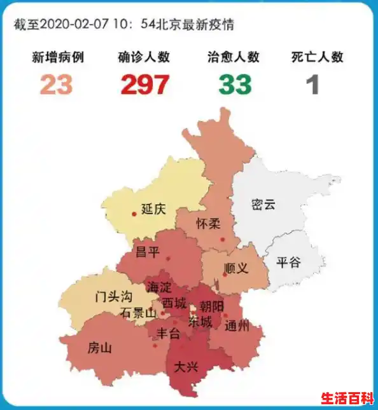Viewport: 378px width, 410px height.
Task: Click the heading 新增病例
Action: point(58,57)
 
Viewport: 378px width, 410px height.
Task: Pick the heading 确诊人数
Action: point(144,57)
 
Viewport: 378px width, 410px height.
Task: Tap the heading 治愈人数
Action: point(234,57)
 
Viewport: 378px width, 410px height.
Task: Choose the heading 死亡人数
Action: point(318,57)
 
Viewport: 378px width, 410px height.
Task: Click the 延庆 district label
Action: point(153,209)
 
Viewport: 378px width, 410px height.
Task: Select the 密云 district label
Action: point(263,205)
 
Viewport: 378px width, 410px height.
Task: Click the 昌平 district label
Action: point(148,252)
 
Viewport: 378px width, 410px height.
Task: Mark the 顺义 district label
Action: point(237,268)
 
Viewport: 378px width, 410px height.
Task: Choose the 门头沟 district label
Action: point(113,296)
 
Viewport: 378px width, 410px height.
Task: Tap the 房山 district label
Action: point(99,348)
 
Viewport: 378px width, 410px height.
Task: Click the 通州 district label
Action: point(237,326)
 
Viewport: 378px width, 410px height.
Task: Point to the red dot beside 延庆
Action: point(134,214)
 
